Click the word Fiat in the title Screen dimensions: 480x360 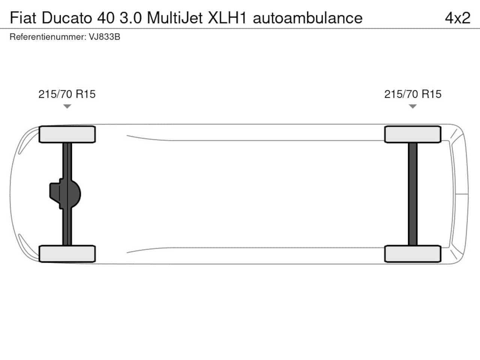point(23,18)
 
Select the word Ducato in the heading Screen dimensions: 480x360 point(67,18)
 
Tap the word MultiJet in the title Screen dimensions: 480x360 point(175,18)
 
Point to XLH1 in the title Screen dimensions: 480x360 point(227,18)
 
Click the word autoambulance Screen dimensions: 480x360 point(307,18)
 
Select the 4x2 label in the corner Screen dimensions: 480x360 point(458,18)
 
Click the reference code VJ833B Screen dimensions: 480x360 point(105,37)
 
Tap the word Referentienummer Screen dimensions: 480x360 point(48,37)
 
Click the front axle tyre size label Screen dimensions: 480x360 point(67,94)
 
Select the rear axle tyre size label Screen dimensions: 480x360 point(413,94)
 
